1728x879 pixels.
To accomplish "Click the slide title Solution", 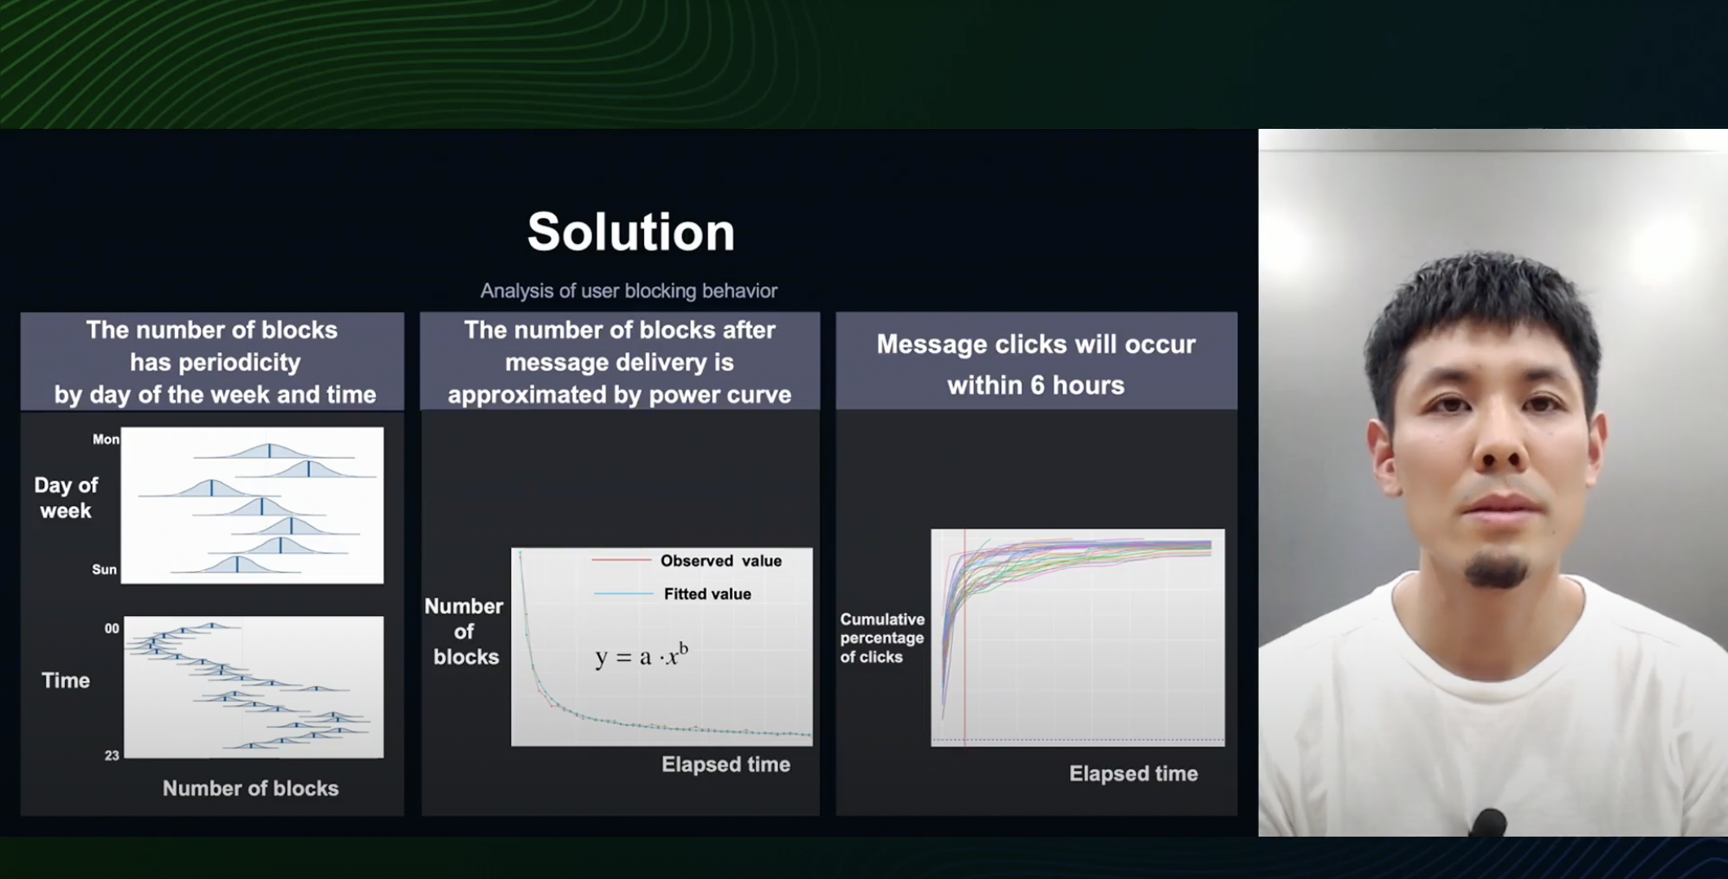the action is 631,232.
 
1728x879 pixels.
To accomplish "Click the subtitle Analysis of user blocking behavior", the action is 629,291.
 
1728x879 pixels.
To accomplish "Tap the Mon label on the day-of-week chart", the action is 106,439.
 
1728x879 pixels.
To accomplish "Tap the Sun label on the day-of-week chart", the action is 104,569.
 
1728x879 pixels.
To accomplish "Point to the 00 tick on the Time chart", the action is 112,629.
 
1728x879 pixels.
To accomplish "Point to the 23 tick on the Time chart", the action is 112,755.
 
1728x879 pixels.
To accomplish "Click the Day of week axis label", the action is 66,497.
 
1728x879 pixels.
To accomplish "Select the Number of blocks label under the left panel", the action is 250,788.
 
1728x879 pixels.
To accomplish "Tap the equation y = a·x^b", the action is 642,655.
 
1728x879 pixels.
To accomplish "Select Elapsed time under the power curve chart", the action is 725,764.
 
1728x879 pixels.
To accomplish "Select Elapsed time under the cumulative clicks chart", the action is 1133,773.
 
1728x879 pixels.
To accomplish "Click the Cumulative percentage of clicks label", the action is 882,638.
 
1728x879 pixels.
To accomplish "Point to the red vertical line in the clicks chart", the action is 965,637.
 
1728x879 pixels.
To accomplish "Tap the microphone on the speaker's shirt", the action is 1487,822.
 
